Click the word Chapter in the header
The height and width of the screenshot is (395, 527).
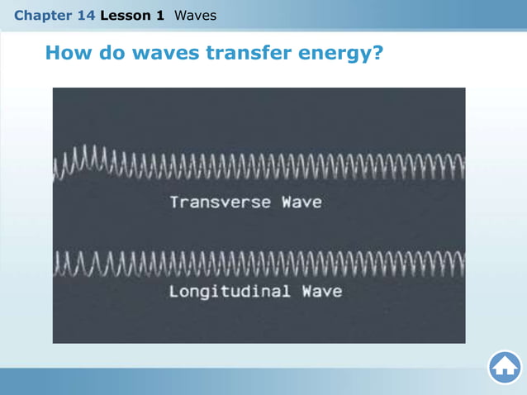click(41, 16)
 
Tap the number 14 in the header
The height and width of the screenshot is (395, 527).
click(85, 16)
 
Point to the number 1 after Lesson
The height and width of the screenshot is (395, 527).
click(159, 16)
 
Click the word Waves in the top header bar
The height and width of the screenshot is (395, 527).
click(195, 16)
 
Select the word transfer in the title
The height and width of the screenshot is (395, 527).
click(245, 54)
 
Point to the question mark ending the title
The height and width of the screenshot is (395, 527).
click(377, 54)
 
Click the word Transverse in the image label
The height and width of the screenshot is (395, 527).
click(221, 202)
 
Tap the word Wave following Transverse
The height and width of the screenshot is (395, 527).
click(301, 202)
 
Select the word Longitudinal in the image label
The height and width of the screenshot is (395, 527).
click(230, 292)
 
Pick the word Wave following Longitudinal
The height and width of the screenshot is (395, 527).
click(321, 292)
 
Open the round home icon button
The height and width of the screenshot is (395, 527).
click(504, 368)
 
